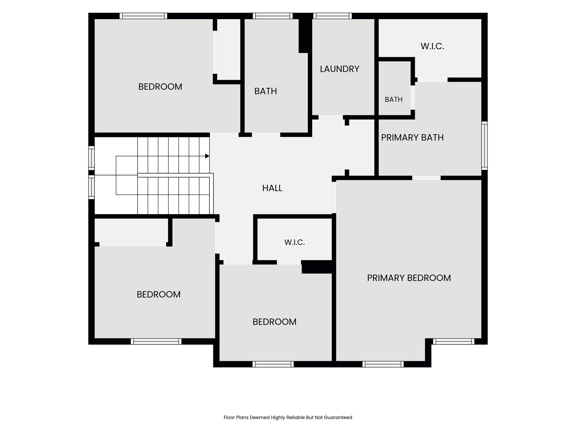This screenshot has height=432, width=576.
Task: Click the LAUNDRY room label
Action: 339,69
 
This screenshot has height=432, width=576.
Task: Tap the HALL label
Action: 272,188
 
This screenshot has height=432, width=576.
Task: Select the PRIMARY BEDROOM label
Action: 409,278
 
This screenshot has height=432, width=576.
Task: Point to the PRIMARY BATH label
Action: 412,138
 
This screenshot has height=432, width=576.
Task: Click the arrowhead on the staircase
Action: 207,156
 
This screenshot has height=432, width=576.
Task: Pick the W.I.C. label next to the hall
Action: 294,242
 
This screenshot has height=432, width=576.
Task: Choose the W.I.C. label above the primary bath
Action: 432,46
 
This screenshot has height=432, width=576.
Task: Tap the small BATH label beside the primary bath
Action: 393,100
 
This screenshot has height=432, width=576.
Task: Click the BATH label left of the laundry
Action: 265,91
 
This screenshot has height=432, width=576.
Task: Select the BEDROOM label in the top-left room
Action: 160,87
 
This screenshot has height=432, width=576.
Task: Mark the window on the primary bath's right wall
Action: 484,146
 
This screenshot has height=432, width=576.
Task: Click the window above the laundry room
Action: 332,16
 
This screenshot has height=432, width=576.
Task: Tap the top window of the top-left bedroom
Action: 143,16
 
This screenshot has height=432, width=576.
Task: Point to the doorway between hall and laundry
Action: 330,117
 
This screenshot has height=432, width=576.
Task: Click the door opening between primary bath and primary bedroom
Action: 426,178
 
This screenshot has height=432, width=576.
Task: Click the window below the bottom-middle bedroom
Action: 273,364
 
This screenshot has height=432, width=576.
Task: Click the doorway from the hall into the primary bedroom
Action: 334,197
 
